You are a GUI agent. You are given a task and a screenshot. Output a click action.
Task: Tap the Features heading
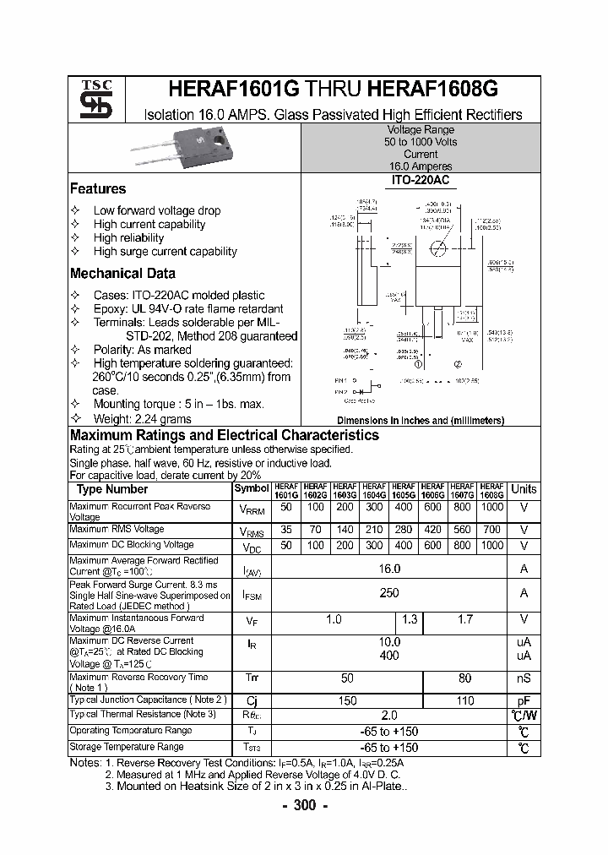click(x=98, y=189)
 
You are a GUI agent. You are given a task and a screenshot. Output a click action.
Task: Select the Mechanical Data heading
click(x=122, y=274)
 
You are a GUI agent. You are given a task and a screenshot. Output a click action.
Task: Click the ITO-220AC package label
click(x=421, y=182)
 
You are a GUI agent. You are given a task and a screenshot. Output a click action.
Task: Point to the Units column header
click(x=524, y=489)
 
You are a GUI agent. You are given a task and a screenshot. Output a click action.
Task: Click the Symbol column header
click(x=251, y=488)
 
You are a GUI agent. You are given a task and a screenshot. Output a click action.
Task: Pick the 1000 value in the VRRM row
click(x=491, y=507)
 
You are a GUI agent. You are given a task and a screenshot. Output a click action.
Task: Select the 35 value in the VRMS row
click(x=285, y=530)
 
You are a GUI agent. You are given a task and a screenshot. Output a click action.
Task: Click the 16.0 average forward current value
click(x=388, y=569)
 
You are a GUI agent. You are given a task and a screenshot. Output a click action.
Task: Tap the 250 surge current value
click(x=388, y=593)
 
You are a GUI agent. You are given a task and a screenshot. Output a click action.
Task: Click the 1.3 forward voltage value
click(x=410, y=619)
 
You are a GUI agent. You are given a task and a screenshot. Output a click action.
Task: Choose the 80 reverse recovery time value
click(x=464, y=678)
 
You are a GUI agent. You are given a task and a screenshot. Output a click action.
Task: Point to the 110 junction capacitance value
click(x=464, y=700)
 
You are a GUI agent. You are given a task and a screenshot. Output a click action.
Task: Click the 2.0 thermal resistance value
click(x=388, y=715)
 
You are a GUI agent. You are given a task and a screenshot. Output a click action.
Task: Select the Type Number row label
click(x=111, y=489)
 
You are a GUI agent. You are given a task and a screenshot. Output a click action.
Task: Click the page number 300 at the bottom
click(x=303, y=805)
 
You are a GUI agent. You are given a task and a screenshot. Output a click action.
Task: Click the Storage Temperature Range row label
click(x=127, y=747)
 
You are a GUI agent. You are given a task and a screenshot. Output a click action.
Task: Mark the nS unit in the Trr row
click(x=524, y=678)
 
